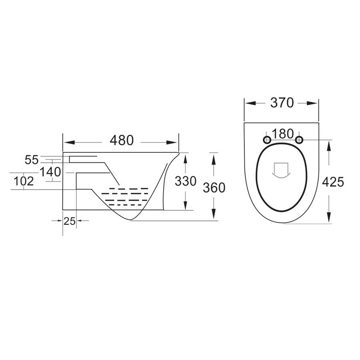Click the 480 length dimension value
click(121, 141)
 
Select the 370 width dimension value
click(282, 103)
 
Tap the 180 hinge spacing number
click(283, 133)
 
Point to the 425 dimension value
click(333, 182)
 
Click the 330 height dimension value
click(186, 181)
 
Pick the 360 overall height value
click(214, 187)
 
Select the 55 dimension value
click(31, 160)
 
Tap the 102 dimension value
click(23, 182)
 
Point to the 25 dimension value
click(70, 221)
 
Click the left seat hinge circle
click(266, 139)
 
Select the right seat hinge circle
click(299, 139)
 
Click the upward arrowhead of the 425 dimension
click(329, 145)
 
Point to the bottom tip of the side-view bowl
click(130, 220)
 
